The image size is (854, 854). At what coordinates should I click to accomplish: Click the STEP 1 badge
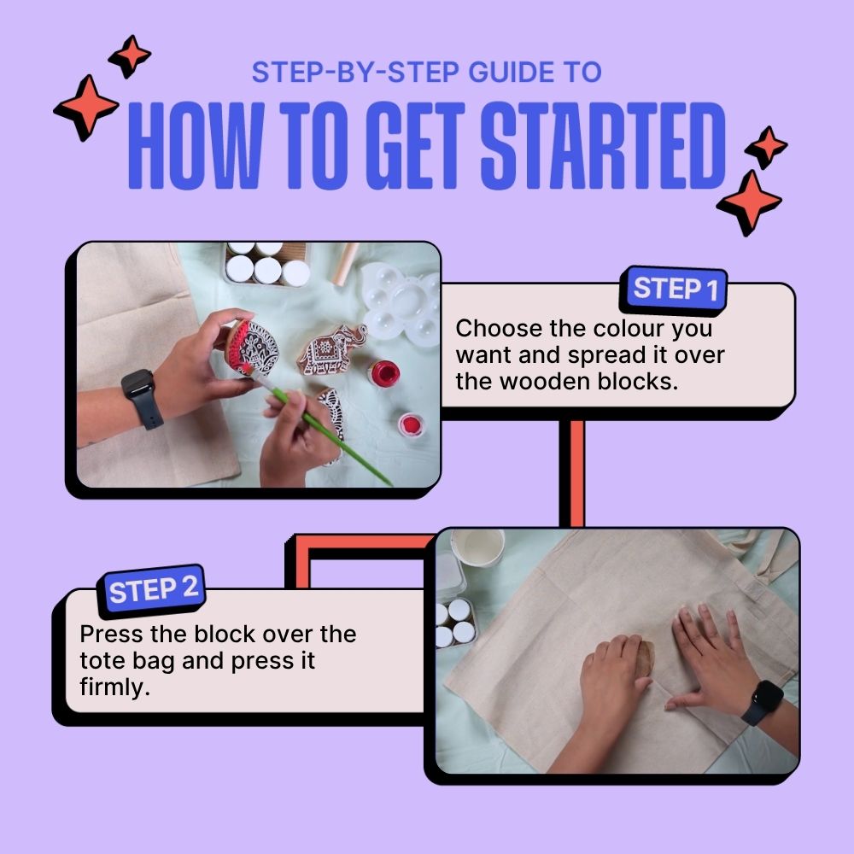click(x=674, y=290)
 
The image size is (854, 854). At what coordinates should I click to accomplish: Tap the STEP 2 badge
click(x=151, y=589)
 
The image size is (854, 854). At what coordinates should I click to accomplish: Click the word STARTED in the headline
click(x=603, y=145)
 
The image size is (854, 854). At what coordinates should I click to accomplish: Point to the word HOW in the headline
click(x=196, y=145)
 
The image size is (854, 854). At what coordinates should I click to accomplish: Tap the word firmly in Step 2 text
click(x=114, y=687)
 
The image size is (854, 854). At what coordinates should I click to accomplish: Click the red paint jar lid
click(x=412, y=424)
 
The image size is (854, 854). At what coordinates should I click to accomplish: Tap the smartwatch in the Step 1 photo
click(x=142, y=398)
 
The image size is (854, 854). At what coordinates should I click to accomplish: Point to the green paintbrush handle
click(x=333, y=436)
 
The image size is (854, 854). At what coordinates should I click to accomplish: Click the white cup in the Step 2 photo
click(x=478, y=547)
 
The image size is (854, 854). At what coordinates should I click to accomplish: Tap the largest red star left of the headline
click(x=86, y=108)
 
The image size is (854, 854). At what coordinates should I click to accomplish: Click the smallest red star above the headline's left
click(x=130, y=56)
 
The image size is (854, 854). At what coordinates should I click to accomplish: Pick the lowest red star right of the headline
click(x=750, y=202)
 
